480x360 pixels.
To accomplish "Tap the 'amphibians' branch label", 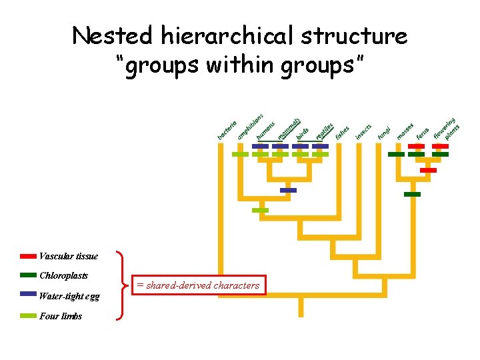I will click(250, 127).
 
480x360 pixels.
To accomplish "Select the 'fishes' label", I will click(343, 133).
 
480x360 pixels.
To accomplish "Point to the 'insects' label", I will click(363, 131).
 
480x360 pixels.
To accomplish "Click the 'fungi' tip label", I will click(385, 133).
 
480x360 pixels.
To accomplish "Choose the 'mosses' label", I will click(405, 131).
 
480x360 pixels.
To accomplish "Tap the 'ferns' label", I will click(423, 133).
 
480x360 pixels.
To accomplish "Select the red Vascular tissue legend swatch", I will click(28, 256).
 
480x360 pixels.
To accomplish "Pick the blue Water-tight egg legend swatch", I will click(28, 294).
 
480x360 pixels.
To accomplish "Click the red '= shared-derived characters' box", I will click(197, 285).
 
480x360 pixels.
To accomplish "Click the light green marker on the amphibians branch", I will click(240, 154).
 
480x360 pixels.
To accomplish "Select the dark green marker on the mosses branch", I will click(396, 154).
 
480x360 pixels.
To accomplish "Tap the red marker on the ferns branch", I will click(417, 145).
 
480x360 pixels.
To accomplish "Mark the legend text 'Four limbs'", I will click(61, 316).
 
